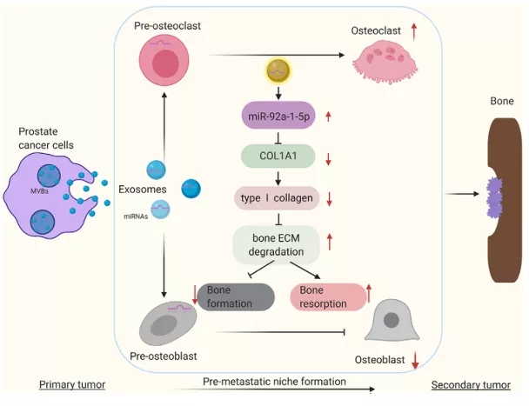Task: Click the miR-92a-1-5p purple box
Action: point(278,116)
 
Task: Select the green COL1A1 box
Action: point(276,156)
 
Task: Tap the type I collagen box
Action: point(276,197)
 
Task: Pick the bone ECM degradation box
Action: point(276,243)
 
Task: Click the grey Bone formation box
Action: point(238,296)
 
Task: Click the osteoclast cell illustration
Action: point(382,60)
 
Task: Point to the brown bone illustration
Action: point(500,190)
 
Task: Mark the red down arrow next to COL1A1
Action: point(328,157)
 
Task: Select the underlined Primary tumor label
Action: point(72,383)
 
